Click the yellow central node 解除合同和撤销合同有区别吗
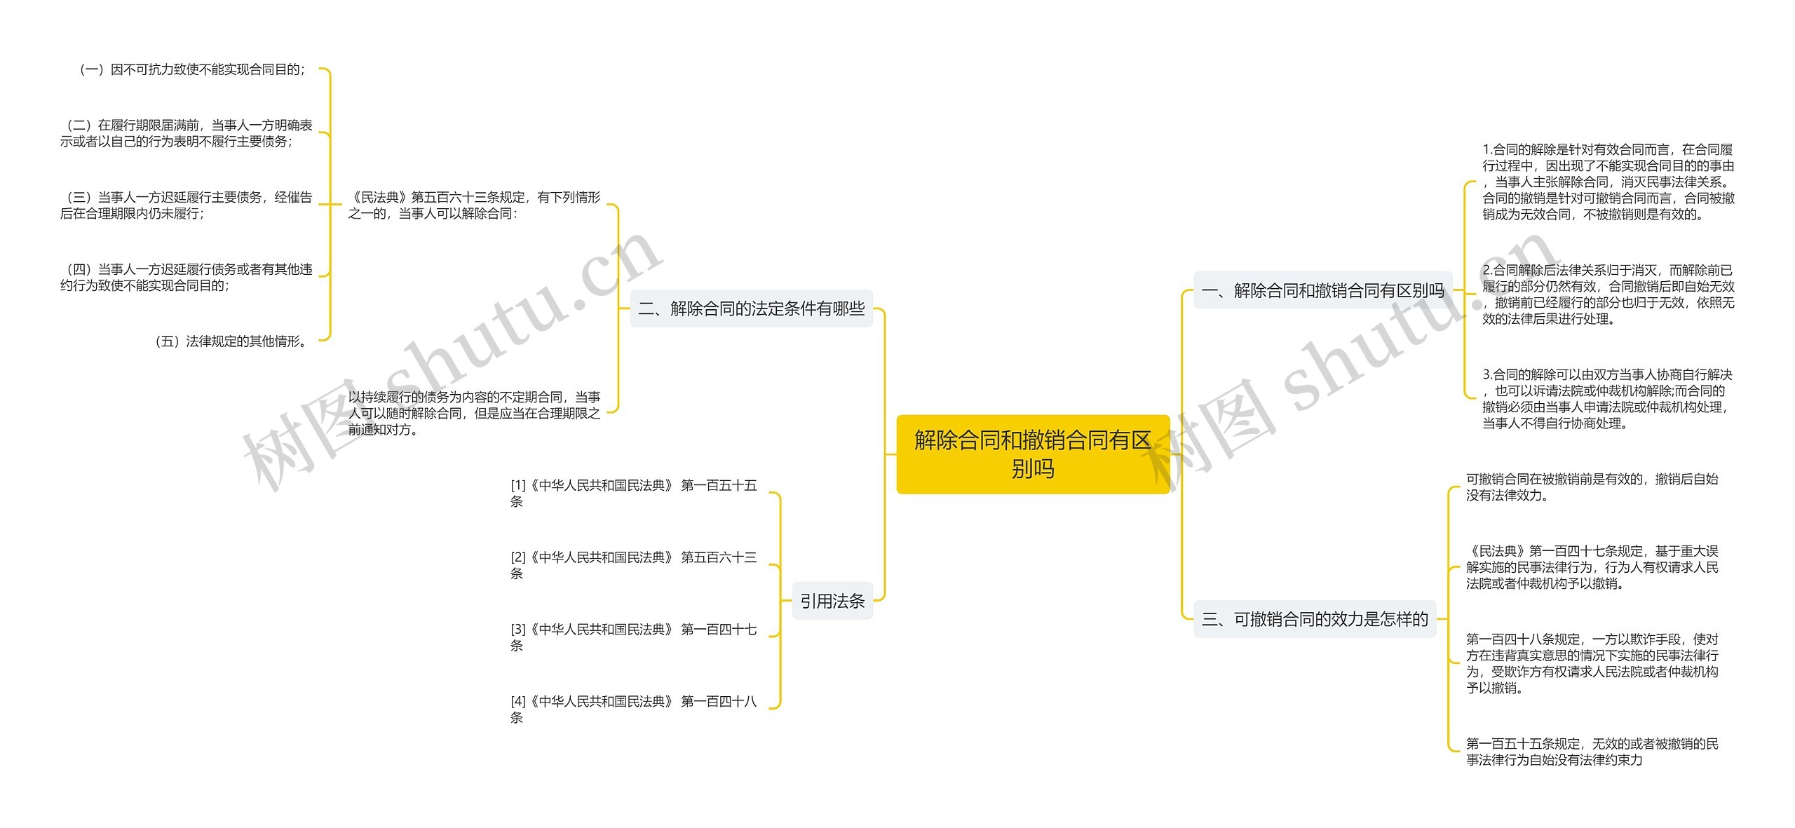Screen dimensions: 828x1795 pyautogui.click(x=1032, y=454)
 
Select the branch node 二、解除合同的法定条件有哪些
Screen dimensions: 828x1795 pyautogui.click(x=751, y=308)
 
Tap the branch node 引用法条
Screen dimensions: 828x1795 pyautogui.click(x=832, y=601)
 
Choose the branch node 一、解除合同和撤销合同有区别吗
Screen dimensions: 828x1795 pyautogui.click(x=1322, y=290)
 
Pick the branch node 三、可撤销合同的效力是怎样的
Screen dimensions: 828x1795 pyautogui.click(x=1314, y=619)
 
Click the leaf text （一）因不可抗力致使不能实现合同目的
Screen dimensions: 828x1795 pyautogui.click(x=193, y=69)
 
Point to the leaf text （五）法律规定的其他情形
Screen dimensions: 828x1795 pyautogui.click(x=231, y=341)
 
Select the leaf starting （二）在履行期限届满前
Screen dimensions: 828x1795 pyautogui.click(x=186, y=133)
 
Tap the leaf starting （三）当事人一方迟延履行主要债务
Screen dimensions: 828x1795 pyautogui.click(x=186, y=205)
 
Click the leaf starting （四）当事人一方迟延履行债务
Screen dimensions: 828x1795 pyautogui.click(x=186, y=277)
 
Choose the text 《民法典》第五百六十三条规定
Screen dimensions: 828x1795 pyautogui.click(x=474, y=205)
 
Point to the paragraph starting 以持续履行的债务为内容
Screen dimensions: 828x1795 pyautogui.click(x=474, y=413)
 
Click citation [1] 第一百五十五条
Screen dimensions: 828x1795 pyautogui.click(x=633, y=493)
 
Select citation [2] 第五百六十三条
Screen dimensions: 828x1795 pyautogui.click(x=633, y=565)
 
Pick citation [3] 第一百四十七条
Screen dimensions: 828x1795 pyautogui.click(x=633, y=637)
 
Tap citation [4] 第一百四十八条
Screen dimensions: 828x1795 pyautogui.click(x=633, y=709)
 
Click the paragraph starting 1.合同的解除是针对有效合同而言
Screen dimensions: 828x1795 pyautogui.click(x=1607, y=182)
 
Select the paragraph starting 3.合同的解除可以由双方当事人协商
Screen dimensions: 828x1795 pyautogui.click(x=1607, y=399)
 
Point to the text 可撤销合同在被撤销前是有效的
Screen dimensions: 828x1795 pyautogui.click(x=1591, y=487)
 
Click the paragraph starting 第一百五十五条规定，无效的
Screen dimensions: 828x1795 pyautogui.click(x=1591, y=752)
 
